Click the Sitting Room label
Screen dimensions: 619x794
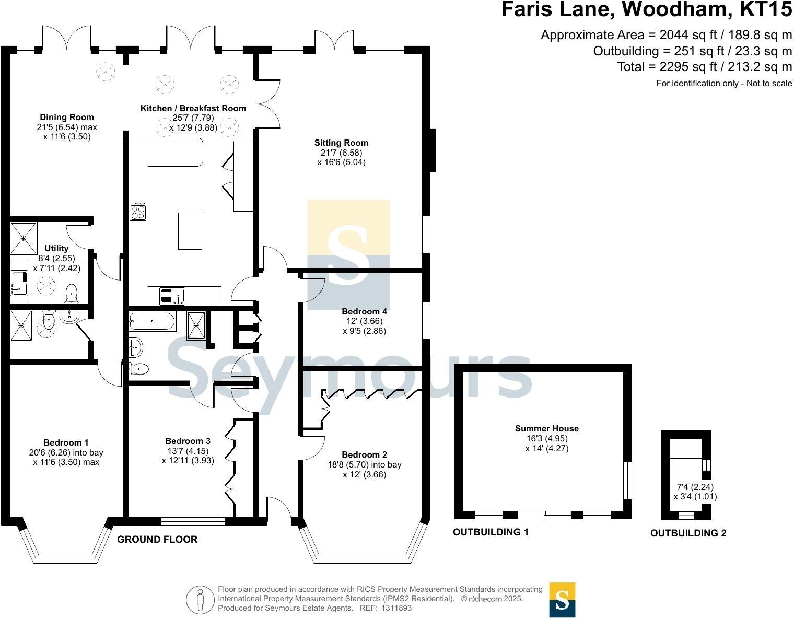[341, 143]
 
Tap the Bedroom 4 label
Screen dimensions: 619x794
[364, 311]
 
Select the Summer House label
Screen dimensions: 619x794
[546, 428]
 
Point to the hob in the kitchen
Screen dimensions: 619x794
[138, 211]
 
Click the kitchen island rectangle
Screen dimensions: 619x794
[190, 231]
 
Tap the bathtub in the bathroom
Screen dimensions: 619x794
[151, 321]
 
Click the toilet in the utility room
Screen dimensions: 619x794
[71, 294]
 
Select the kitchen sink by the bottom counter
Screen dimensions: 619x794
[172, 296]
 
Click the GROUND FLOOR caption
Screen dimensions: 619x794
[157, 539]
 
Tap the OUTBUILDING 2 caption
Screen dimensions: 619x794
[688, 533]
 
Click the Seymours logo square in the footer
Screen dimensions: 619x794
[562, 599]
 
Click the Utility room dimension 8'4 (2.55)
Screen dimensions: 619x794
[56, 258]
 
